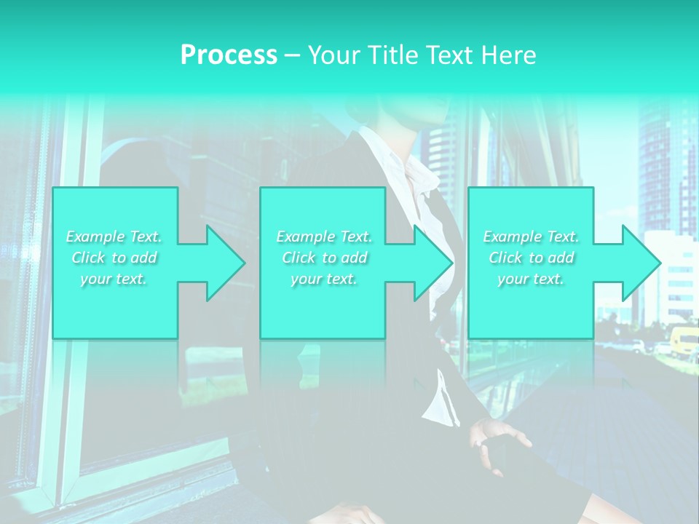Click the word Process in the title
pyautogui.click(x=229, y=55)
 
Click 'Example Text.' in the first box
pyautogui.click(x=114, y=237)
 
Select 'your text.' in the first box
pyautogui.click(x=114, y=279)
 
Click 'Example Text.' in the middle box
pyautogui.click(x=324, y=237)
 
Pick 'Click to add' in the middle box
pyautogui.click(x=324, y=258)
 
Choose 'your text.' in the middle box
pyautogui.click(x=324, y=279)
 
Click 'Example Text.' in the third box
pyautogui.click(x=531, y=237)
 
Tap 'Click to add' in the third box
pyautogui.click(x=531, y=258)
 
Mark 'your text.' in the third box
pyautogui.click(x=531, y=279)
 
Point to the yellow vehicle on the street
pyautogui.click(x=684, y=342)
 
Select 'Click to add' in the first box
pyautogui.click(x=114, y=258)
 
